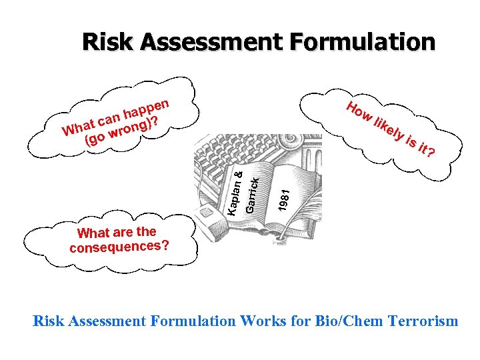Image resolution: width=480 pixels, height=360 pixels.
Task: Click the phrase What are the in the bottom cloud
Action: click(x=117, y=232)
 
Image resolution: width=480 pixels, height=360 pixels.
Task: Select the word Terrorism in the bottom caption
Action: click(x=419, y=321)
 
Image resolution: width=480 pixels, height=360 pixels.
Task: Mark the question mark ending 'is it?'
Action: click(x=432, y=154)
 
